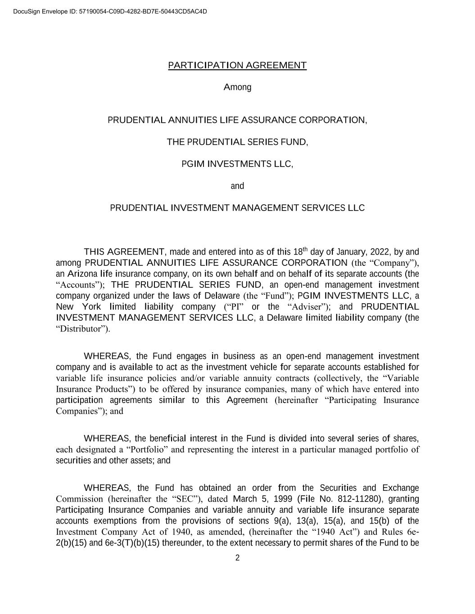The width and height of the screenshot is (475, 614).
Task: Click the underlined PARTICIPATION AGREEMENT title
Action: coord(237,66)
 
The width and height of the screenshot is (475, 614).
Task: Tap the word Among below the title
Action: coord(237,87)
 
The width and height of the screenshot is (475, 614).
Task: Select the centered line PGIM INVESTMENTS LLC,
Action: coord(237,164)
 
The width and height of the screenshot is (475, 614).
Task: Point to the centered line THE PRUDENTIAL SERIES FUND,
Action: coord(237,142)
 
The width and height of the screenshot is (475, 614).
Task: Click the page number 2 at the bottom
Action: coord(237,558)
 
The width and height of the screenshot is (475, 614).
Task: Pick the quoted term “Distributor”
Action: coord(82,329)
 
